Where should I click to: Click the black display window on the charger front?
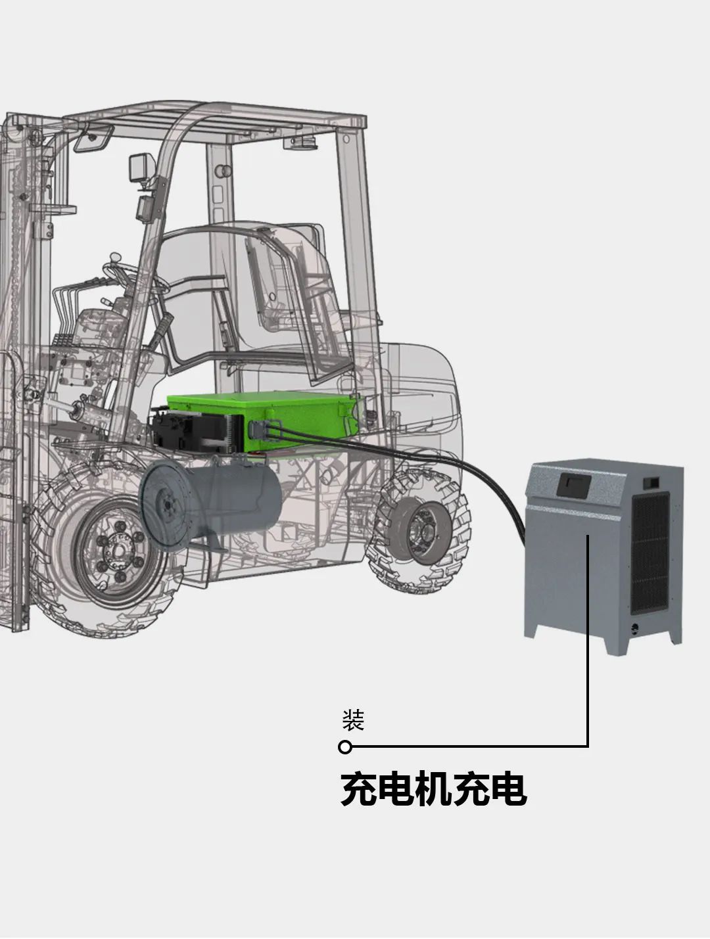573,486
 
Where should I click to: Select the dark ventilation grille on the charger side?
650,553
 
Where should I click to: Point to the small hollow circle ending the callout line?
345,747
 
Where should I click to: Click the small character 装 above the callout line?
353,720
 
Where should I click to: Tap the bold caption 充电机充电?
433,789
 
